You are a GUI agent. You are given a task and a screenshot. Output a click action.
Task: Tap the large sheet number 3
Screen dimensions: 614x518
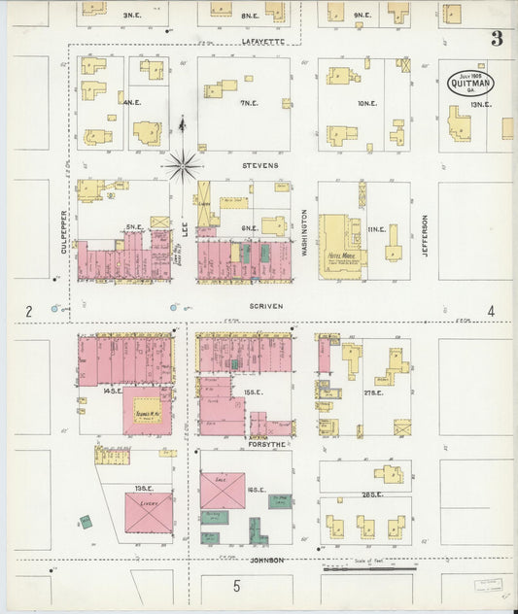(497, 39)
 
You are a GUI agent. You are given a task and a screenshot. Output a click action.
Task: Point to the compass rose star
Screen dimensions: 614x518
(183, 164)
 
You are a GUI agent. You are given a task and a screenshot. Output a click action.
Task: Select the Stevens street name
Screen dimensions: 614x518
(259, 165)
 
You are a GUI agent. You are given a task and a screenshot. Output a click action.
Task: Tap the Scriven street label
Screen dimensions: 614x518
(264, 305)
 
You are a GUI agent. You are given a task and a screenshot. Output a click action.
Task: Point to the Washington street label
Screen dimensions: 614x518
(304, 230)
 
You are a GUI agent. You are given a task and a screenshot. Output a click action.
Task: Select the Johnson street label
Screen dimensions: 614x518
(265, 561)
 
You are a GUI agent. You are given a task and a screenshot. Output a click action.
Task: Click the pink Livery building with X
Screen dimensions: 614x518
(149, 512)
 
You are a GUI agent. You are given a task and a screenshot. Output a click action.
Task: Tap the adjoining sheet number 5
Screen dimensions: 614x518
(235, 586)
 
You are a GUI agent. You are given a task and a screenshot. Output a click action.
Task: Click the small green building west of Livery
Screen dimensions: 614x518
(86, 522)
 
